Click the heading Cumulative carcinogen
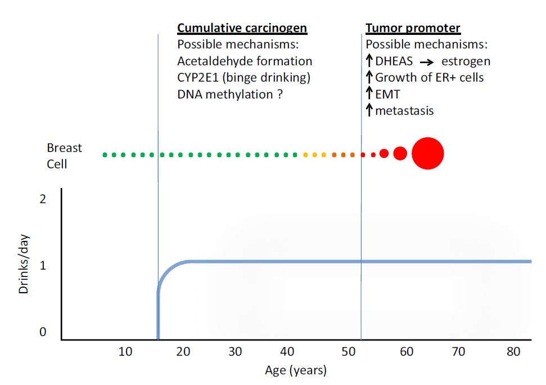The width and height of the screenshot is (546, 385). [x=242, y=28]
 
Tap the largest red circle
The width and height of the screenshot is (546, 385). [x=428, y=153]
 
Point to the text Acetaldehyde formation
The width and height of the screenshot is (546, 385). [x=245, y=61]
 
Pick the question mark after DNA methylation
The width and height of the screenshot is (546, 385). [x=279, y=94]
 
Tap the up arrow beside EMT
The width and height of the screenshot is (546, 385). [x=369, y=94]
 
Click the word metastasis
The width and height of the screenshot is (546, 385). [x=404, y=111]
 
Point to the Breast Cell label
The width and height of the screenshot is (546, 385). [x=64, y=156]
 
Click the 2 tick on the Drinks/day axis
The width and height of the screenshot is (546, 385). [x=43, y=199]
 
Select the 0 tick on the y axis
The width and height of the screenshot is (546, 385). [x=43, y=332]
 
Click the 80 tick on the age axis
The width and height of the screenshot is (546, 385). [x=513, y=352]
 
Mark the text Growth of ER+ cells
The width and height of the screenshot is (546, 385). [x=429, y=78]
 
